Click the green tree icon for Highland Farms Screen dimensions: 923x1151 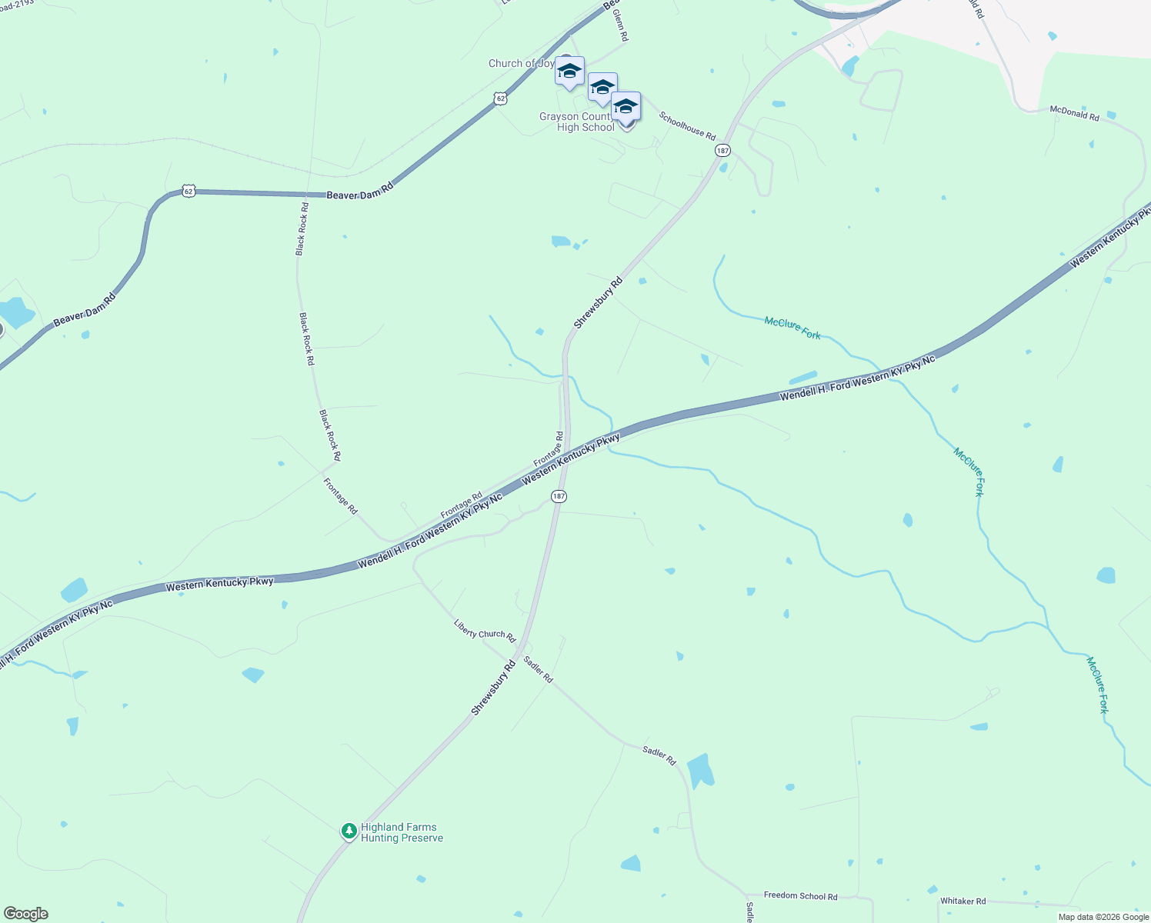click(349, 831)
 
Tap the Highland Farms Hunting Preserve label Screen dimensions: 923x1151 click(402, 833)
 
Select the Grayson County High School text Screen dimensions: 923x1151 click(577, 122)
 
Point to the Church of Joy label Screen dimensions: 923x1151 click(521, 63)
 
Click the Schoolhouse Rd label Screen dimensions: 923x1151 click(687, 125)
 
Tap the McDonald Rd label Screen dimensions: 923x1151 click(1074, 113)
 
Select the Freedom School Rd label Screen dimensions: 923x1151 click(800, 896)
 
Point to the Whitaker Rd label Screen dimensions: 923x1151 click(963, 901)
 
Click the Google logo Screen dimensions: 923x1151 click(26, 914)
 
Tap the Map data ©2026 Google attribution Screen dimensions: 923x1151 click(1103, 917)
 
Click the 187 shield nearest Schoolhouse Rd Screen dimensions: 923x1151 click(722, 151)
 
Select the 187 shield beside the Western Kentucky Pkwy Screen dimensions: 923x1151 click(559, 497)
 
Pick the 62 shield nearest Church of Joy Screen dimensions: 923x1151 click(501, 98)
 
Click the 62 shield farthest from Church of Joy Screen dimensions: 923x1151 click(188, 191)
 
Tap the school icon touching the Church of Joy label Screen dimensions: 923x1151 click(569, 72)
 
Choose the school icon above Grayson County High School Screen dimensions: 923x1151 click(626, 106)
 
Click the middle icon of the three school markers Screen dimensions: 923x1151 click(602, 88)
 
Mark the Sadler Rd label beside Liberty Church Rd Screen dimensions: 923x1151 click(538, 669)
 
